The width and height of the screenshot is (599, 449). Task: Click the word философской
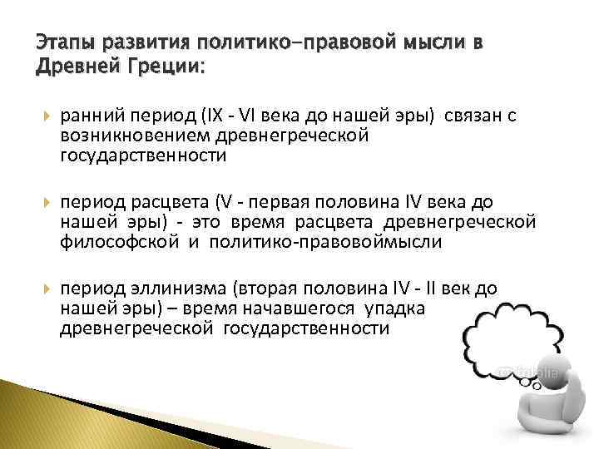pos(119,242)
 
